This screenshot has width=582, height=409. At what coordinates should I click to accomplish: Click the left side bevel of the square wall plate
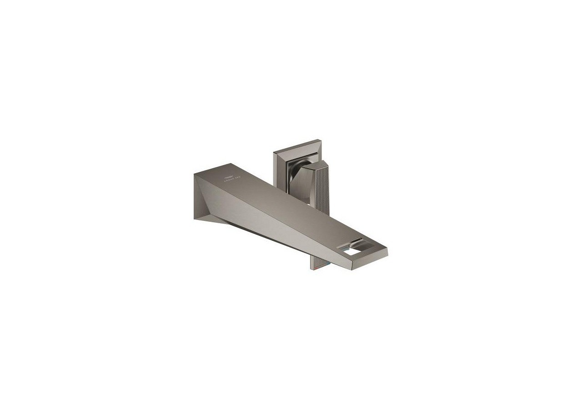click(x=276, y=168)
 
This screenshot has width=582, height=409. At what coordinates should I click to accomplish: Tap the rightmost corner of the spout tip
click(x=387, y=251)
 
